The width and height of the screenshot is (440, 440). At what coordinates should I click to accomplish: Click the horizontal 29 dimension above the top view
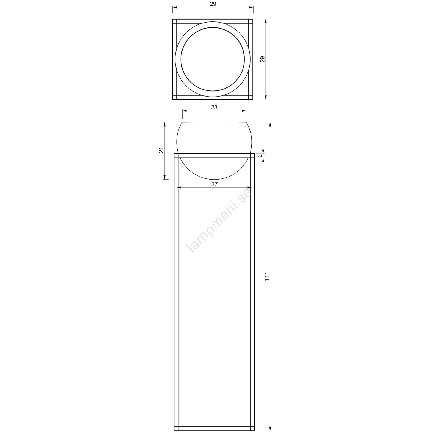tap(213, 4)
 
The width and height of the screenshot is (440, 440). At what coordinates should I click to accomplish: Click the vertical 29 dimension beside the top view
tap(263, 59)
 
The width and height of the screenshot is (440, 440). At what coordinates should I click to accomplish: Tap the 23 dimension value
tap(214, 108)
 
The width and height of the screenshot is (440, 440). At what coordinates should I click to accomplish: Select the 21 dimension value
tap(162, 150)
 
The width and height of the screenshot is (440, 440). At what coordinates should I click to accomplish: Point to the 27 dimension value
tap(215, 184)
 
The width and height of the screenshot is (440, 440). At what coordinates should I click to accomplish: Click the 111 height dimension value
tap(267, 276)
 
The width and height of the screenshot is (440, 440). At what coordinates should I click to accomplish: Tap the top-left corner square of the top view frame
tap(174, 21)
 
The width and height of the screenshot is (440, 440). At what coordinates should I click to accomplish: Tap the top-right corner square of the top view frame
tap(251, 21)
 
